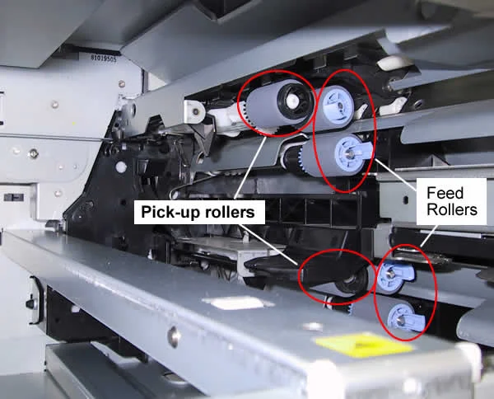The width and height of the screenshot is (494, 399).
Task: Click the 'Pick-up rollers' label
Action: click(198, 212)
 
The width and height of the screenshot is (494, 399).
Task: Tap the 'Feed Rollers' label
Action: click(452, 201)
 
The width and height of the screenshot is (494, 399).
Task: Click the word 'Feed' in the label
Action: click(445, 193)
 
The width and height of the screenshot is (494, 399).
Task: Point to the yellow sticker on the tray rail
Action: click(364, 345)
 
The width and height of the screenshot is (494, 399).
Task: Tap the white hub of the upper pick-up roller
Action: click(292, 101)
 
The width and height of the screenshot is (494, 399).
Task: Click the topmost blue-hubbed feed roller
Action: click(334, 107)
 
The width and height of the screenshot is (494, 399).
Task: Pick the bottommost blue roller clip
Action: click(405, 317)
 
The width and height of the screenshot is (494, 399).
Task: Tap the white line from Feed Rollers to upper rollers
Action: click(396, 175)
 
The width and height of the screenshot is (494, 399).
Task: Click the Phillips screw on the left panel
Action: click(33, 154)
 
